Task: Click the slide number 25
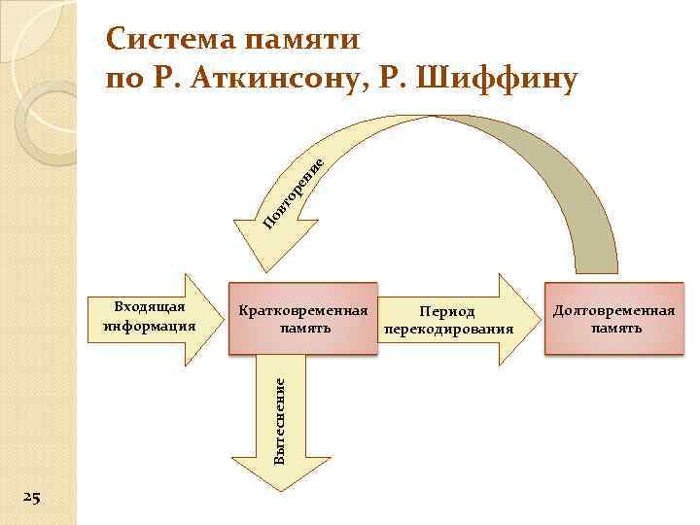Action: click(31, 499)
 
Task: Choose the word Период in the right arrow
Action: click(447, 312)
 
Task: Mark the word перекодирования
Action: click(448, 330)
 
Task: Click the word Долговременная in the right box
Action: click(614, 311)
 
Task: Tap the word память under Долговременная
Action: click(614, 329)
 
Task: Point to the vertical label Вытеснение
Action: click(279, 419)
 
